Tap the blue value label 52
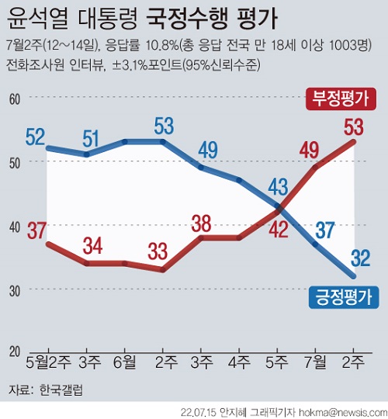click(34, 136)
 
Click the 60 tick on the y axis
click(15, 98)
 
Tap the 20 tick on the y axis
click(15, 353)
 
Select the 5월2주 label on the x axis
click(48, 362)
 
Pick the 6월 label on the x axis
click(126, 362)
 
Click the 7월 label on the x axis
click(315, 362)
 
